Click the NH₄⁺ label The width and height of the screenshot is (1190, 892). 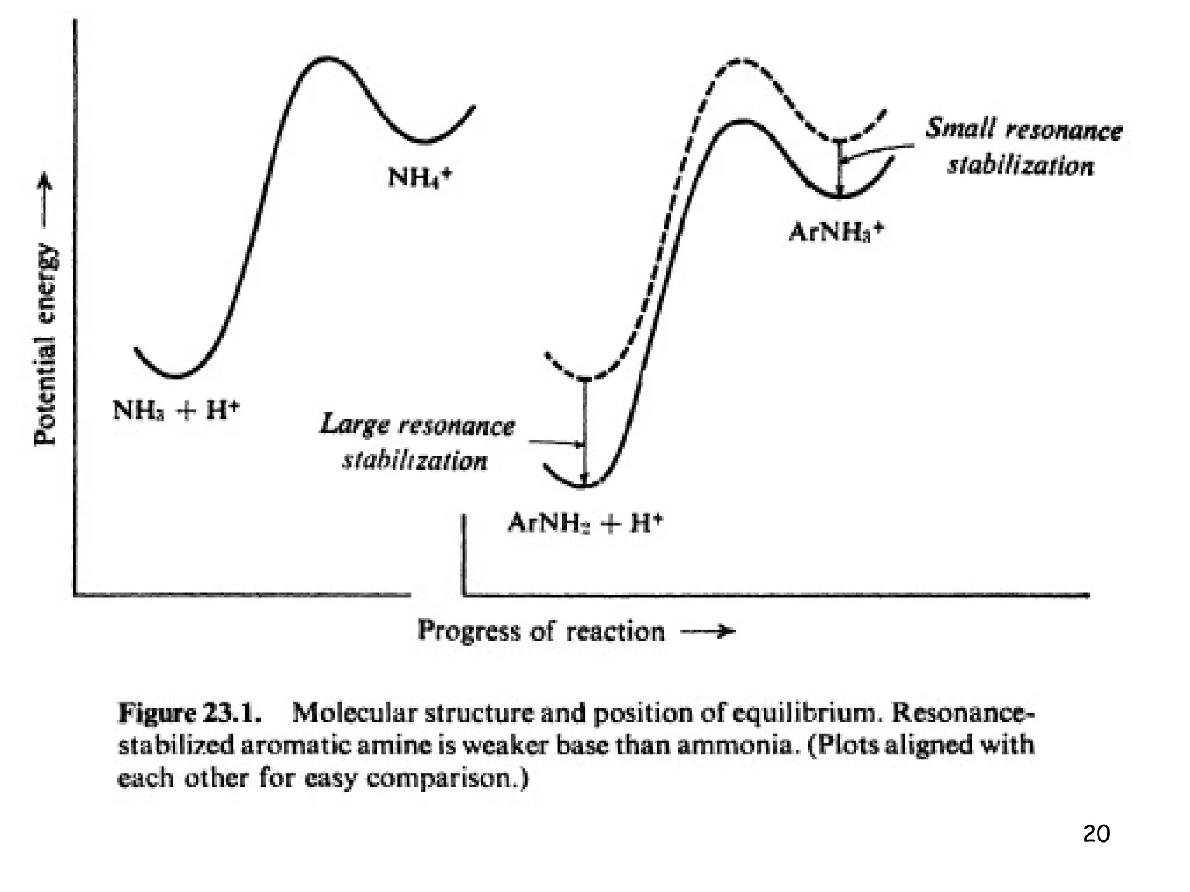click(x=419, y=176)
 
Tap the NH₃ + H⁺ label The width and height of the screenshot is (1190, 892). click(x=176, y=410)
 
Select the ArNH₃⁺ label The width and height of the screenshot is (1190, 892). click(x=836, y=232)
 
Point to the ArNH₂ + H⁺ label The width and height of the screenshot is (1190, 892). click(x=585, y=523)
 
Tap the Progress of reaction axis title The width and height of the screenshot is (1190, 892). click(x=541, y=631)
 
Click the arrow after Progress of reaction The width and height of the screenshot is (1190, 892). click(x=707, y=631)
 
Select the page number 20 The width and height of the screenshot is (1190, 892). click(x=1096, y=834)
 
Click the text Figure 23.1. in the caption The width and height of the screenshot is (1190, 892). click(x=189, y=713)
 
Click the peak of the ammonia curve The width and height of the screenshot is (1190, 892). click(x=328, y=58)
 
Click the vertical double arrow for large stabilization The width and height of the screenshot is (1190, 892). click(x=585, y=433)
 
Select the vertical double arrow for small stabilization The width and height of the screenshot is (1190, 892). click(x=839, y=168)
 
